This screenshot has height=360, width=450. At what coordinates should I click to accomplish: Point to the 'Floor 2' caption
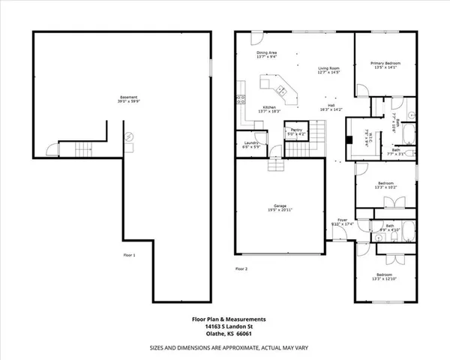pyautogui.click(x=241, y=268)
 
